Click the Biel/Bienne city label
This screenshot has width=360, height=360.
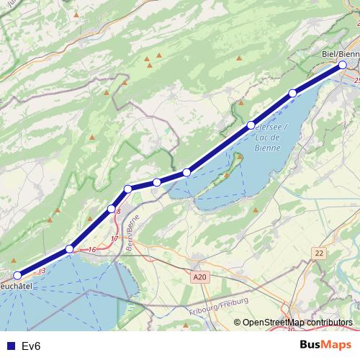point(339,53)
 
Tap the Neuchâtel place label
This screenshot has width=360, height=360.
point(16,286)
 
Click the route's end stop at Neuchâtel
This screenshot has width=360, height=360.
point(18,274)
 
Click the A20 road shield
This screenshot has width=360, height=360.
point(199,276)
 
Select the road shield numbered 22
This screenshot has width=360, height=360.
point(320,253)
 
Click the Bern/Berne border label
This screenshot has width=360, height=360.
point(131,236)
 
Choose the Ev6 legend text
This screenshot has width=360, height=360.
point(32,346)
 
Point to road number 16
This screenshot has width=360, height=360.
point(91,250)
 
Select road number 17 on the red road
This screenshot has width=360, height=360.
point(114,238)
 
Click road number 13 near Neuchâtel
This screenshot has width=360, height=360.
point(41,271)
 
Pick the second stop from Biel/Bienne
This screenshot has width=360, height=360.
point(292,93)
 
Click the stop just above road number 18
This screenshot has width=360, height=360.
point(112,209)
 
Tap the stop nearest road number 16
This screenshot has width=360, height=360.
point(69,249)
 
